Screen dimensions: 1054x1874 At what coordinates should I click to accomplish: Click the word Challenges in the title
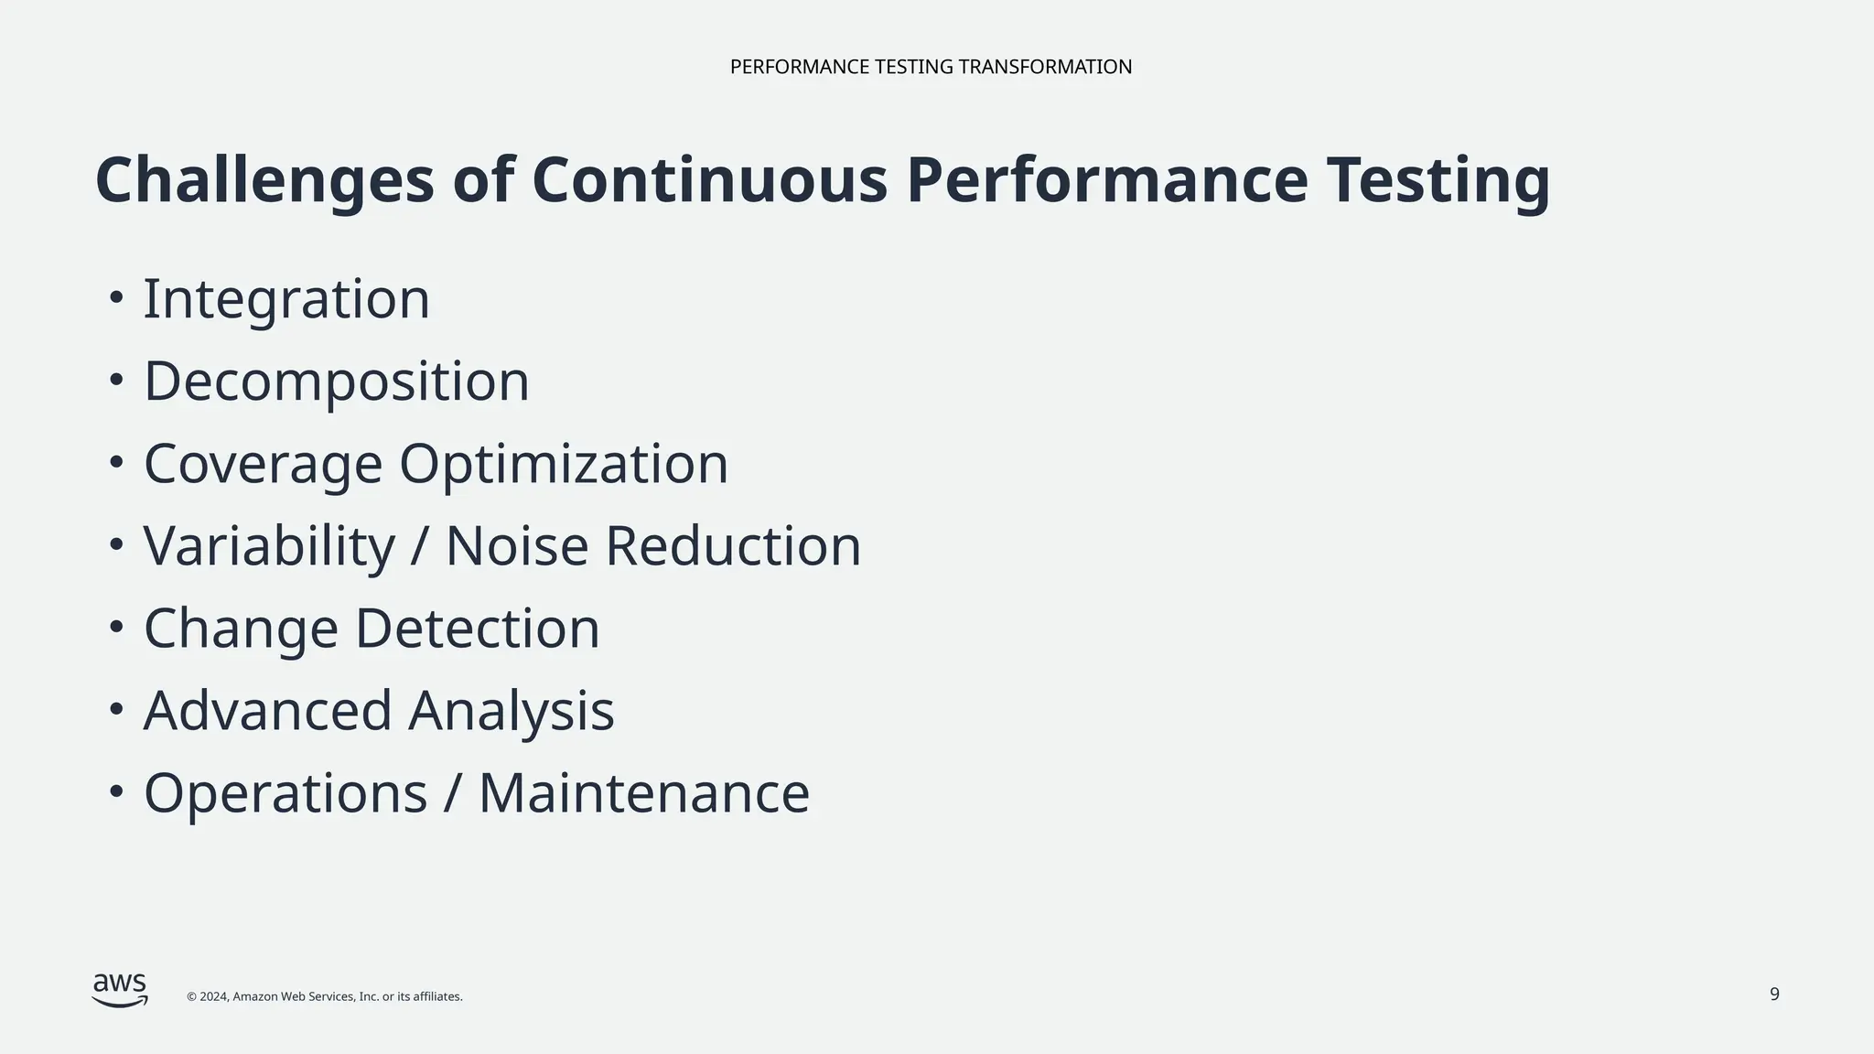pyautogui.click(x=264, y=181)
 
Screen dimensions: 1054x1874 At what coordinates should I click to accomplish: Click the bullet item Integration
pyautogui.click(x=286, y=299)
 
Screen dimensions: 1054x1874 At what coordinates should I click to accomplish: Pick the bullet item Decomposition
pyautogui.click(x=337, y=382)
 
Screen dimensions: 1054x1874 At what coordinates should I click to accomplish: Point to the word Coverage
pyautogui.click(x=263, y=464)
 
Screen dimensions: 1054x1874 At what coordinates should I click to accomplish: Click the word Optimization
pyautogui.click(x=564, y=464)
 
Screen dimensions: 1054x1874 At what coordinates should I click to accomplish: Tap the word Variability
pyautogui.click(x=269, y=546)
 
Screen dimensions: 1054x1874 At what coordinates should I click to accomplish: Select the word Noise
pyautogui.click(x=517, y=546)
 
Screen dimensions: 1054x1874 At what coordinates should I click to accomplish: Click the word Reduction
pyautogui.click(x=733, y=546)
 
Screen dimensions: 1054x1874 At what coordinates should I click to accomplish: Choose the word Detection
pyautogui.click(x=477, y=629)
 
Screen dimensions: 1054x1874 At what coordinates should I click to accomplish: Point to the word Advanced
pyautogui.click(x=267, y=711)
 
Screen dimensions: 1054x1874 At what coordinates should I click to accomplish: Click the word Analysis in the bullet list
pyautogui.click(x=512, y=711)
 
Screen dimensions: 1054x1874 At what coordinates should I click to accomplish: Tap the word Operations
pyautogui.click(x=285, y=793)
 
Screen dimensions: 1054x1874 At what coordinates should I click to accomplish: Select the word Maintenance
pyautogui.click(x=644, y=793)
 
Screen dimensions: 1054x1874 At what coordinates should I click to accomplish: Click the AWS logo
pyautogui.click(x=120, y=989)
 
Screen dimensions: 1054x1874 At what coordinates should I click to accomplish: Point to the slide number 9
pyautogui.click(x=1774, y=995)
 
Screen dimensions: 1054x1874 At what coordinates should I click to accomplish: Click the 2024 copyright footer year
pyautogui.click(x=213, y=996)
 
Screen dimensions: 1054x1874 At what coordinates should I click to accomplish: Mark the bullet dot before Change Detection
pyautogui.click(x=115, y=628)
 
